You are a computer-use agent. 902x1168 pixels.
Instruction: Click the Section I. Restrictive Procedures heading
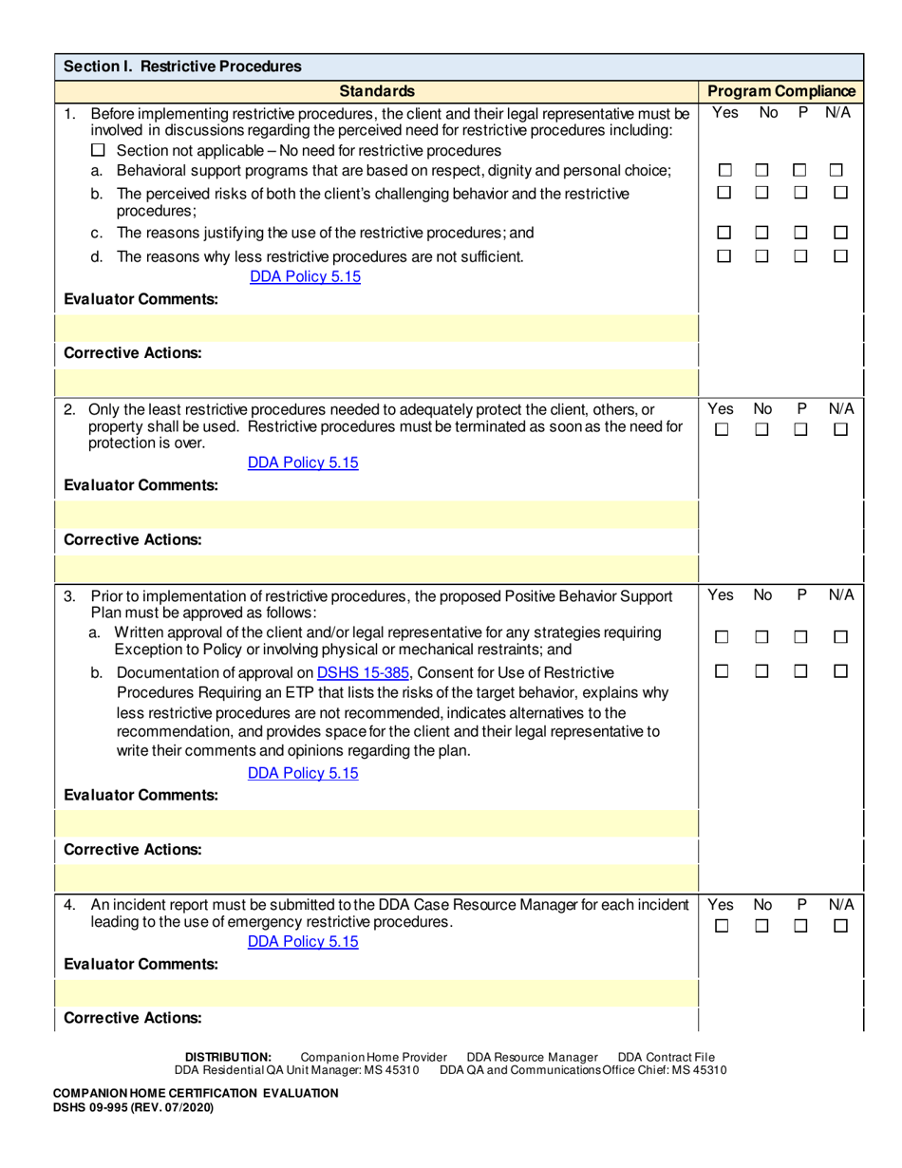(x=182, y=66)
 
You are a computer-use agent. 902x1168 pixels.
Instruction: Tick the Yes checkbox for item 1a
(x=724, y=171)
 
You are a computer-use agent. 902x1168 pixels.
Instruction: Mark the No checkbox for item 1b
(x=762, y=193)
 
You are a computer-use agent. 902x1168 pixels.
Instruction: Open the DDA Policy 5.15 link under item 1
(x=305, y=277)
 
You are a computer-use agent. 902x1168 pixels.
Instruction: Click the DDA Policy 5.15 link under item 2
(x=303, y=462)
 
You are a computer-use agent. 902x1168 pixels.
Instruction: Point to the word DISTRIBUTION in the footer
(x=228, y=1057)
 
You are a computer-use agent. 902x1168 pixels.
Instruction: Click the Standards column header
(x=377, y=91)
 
